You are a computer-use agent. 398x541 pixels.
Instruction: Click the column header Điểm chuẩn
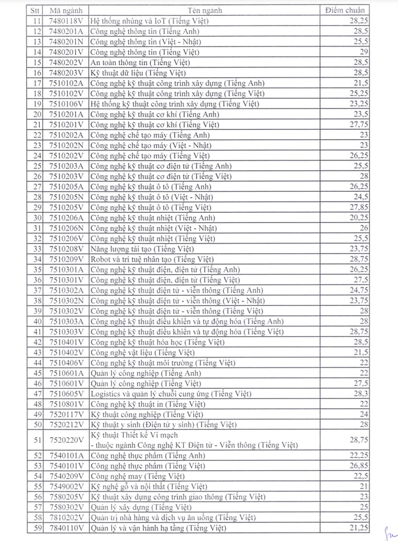(345, 10)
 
